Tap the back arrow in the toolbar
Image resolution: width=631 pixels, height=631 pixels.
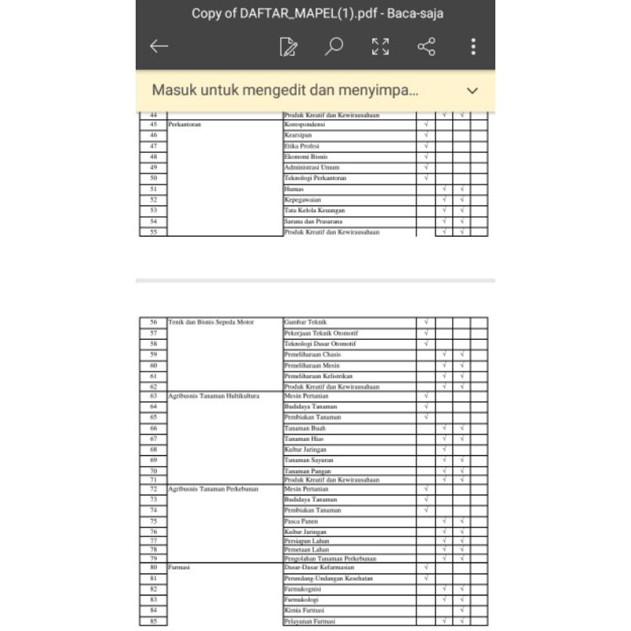coord(159,47)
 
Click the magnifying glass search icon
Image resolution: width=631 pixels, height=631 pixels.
coord(334,47)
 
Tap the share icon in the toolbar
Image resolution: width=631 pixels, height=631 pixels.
coord(426,47)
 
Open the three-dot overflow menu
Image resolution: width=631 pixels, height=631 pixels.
coord(473,47)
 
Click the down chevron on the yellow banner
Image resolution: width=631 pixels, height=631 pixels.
coord(472,91)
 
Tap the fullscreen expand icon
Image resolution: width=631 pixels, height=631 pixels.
coord(380,47)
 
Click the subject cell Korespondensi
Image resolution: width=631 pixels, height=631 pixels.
coord(304,125)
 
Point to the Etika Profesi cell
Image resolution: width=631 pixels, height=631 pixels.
coord(300,146)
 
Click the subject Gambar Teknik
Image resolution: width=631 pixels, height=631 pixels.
coord(304,323)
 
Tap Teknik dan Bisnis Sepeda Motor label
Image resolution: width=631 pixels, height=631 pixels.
coord(211,323)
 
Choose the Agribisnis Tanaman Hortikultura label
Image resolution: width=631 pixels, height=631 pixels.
coord(214,395)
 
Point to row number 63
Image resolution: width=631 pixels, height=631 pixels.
coord(153,395)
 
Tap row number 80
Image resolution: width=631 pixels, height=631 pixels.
coord(153,567)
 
